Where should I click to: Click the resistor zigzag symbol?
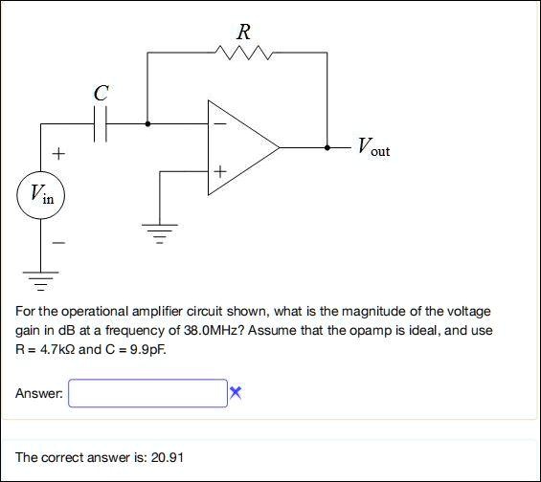244,53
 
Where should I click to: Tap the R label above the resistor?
244,33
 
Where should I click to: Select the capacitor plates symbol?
100,123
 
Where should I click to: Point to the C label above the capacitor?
101,93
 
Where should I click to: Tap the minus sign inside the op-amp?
220,123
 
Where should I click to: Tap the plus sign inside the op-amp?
220,171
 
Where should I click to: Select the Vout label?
373,146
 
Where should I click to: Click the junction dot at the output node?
327,148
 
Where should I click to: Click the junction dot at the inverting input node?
147,123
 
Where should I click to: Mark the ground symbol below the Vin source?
41,281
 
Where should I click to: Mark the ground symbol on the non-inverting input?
159,233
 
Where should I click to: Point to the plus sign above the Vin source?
58,154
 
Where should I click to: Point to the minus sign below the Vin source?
58,243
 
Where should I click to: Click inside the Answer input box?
148,393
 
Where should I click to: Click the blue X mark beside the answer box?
236,392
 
